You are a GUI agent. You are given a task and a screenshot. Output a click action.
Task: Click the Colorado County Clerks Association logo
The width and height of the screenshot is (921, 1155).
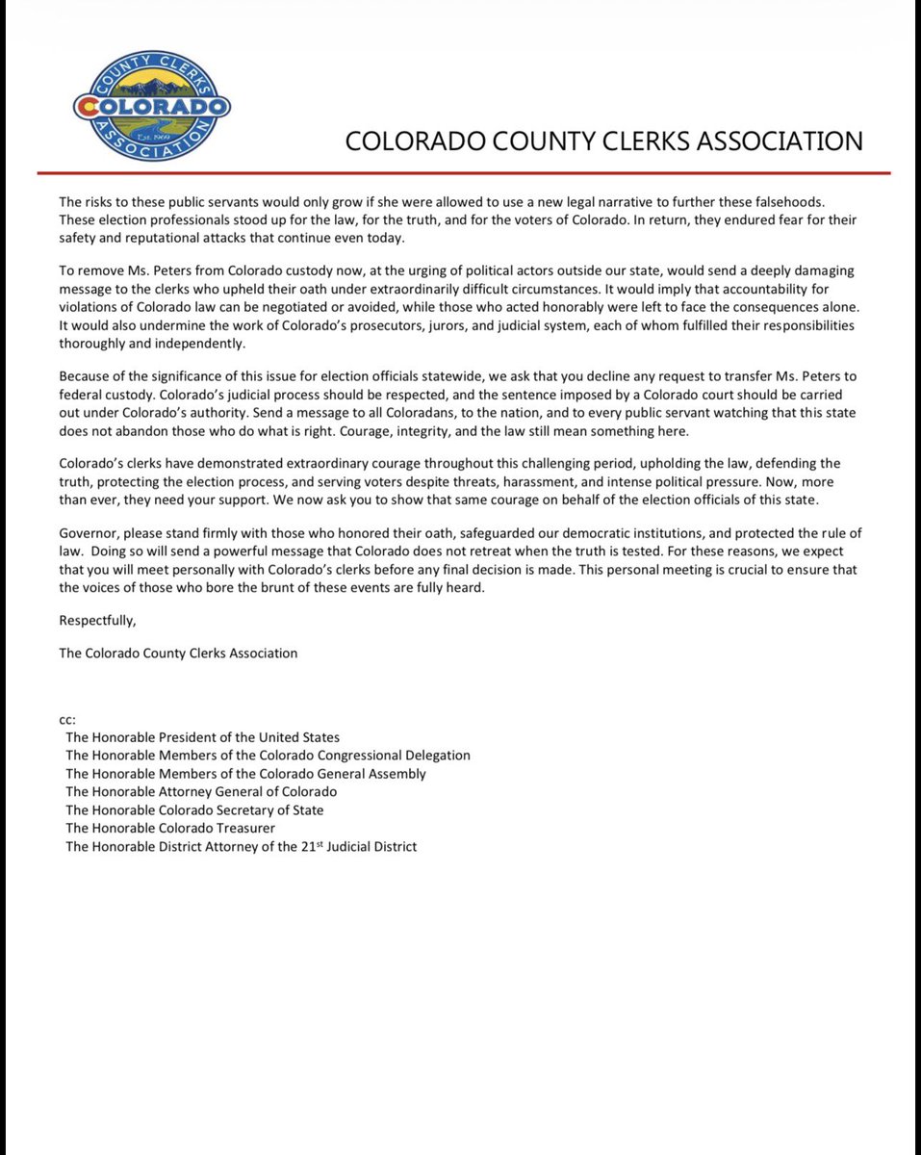click(x=151, y=105)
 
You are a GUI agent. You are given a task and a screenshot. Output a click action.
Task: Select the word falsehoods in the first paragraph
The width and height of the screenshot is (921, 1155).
click(x=808, y=202)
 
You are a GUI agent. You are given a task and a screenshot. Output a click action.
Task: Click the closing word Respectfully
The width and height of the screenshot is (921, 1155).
click(x=97, y=619)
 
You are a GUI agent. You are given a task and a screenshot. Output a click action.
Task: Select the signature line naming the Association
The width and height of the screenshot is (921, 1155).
click(x=178, y=653)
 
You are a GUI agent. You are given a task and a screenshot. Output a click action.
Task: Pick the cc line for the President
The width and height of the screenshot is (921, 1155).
click(x=202, y=737)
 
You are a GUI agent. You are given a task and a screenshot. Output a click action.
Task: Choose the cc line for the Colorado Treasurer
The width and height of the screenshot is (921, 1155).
click(x=169, y=828)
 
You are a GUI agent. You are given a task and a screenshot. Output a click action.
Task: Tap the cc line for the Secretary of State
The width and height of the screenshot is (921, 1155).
click(x=194, y=809)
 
